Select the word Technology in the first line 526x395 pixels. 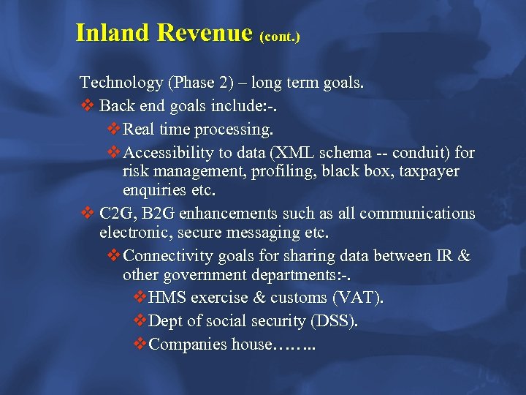[x=121, y=83]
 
